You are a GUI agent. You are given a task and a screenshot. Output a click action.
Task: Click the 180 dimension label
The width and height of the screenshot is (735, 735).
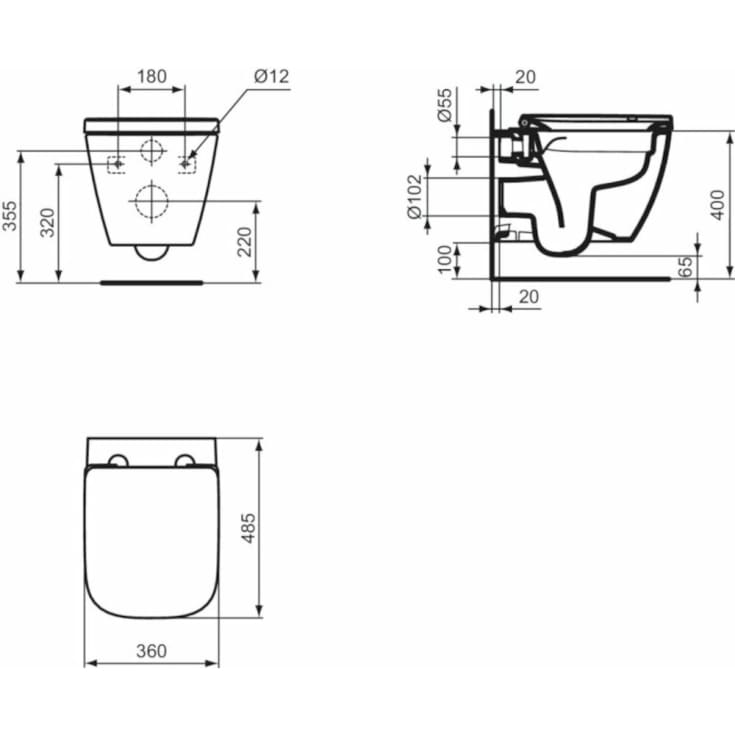(x=152, y=76)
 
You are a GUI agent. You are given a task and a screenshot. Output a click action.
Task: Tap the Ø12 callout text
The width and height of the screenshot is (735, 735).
(x=271, y=76)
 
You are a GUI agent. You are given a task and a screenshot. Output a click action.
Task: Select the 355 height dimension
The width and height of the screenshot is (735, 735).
(x=9, y=216)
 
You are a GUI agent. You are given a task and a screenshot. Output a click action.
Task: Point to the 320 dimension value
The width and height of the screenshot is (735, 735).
(x=47, y=223)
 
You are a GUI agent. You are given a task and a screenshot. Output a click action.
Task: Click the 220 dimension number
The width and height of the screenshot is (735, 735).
(x=245, y=242)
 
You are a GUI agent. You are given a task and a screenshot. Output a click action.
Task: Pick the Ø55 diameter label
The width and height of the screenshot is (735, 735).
(x=445, y=105)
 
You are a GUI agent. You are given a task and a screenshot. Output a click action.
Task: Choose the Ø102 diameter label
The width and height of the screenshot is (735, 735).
(x=415, y=197)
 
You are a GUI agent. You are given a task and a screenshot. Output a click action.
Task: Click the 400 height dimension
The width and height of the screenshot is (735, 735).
(x=717, y=205)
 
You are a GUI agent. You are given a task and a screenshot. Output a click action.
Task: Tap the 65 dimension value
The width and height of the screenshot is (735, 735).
(x=685, y=267)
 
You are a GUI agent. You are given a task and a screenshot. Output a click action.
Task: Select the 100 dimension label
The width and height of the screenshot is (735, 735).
(x=445, y=259)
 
